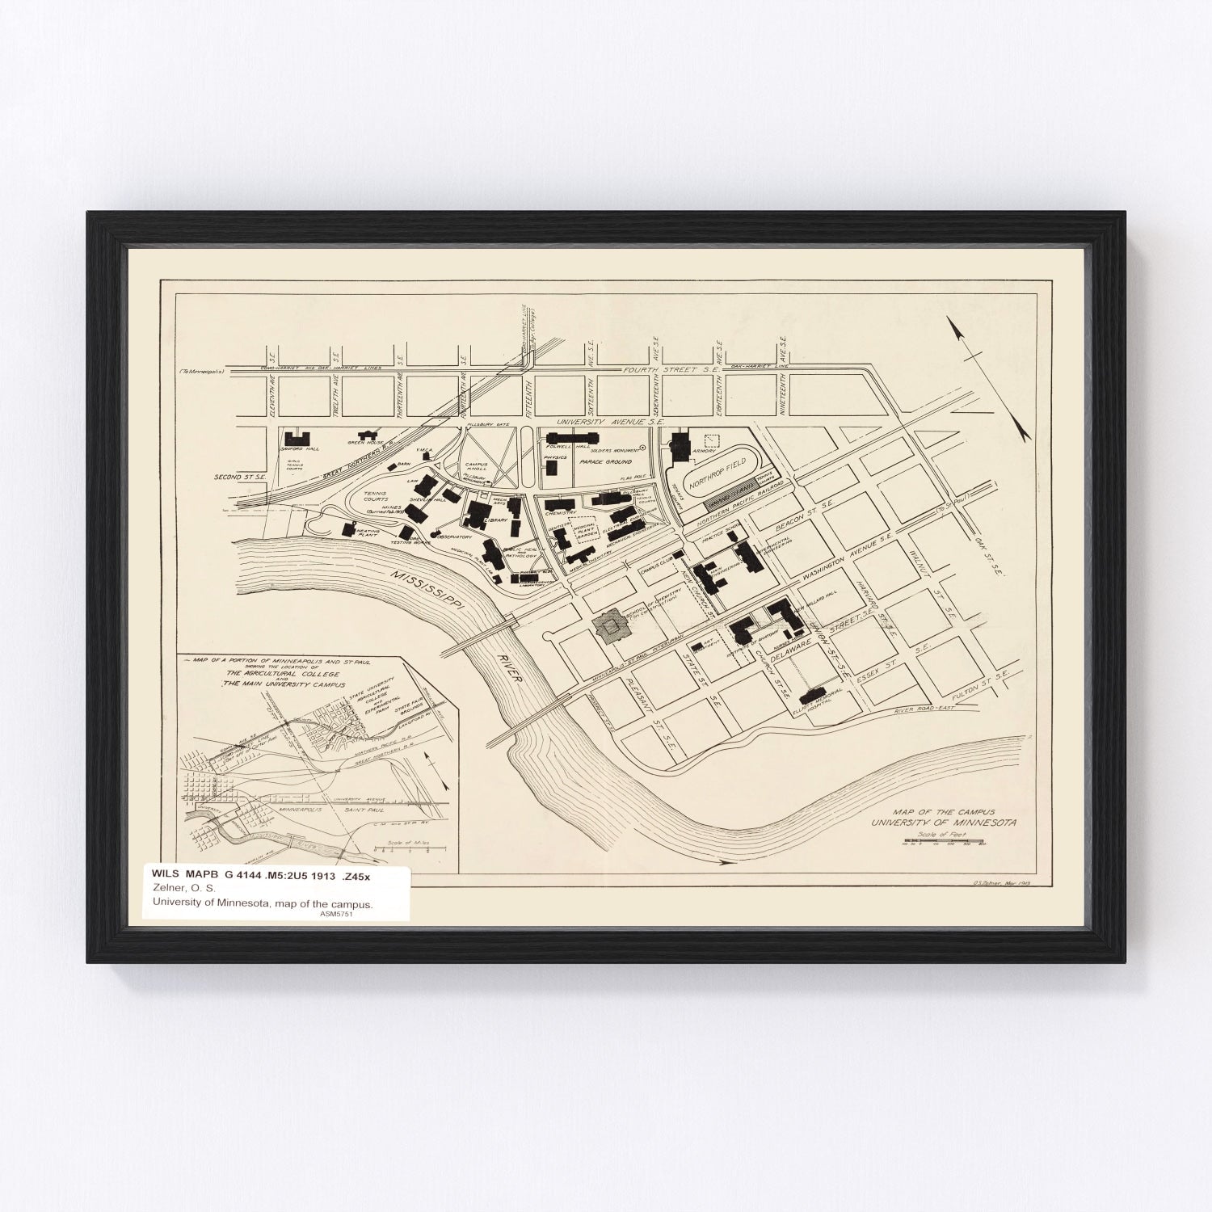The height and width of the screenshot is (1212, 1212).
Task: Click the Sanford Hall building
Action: tap(297, 439)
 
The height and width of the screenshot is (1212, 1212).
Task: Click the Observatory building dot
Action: tap(436, 535)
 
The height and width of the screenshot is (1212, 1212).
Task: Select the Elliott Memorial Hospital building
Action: tap(811, 694)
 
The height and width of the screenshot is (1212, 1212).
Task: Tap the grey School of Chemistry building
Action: tap(611, 625)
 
